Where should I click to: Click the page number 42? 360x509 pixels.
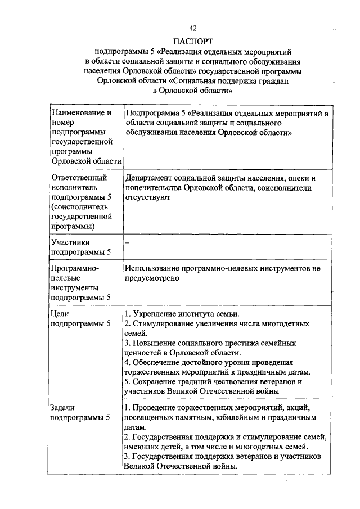click(x=193, y=28)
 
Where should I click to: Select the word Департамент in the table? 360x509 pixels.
click(x=149, y=177)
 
